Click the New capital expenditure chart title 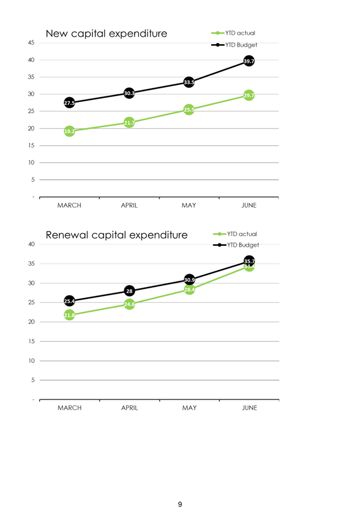pos(106,34)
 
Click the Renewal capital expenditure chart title pos(116,235)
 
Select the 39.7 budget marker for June pos(249,61)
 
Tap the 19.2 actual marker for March pos(69,131)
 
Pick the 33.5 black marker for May pos(189,82)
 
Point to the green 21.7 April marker pos(129,122)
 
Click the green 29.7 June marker pos(249,95)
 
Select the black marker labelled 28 pos(129,291)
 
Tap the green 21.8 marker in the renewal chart pos(69,315)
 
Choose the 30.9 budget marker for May pos(189,279)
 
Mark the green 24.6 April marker pos(129,304)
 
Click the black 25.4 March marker pos(69,301)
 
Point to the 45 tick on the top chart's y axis pos(31,42)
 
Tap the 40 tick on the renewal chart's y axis pos(31,244)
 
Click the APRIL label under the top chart pos(129,206)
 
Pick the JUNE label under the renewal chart pos(249,408)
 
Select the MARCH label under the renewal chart pos(69,408)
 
